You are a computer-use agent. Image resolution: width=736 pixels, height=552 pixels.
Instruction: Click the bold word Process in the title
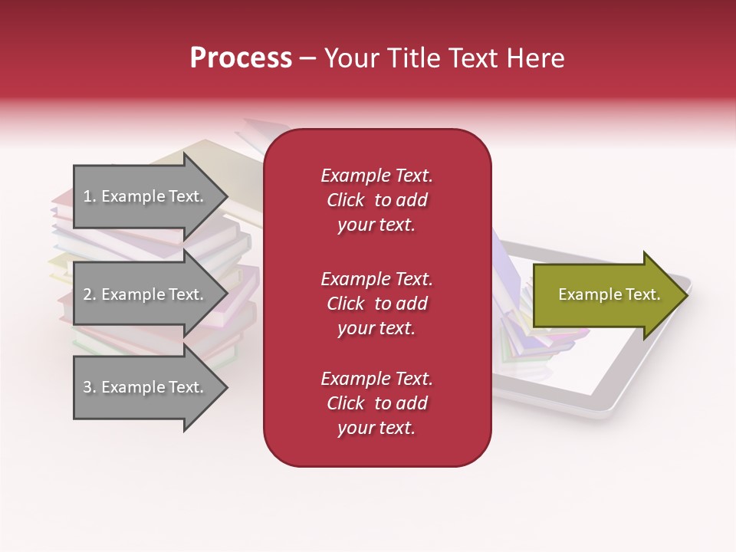(x=241, y=58)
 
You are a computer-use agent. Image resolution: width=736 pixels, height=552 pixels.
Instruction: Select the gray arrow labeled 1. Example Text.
(x=146, y=196)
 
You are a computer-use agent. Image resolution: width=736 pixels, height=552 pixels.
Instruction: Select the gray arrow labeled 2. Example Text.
(x=146, y=294)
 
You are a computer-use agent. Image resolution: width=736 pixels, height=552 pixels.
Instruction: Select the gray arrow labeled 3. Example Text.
(x=146, y=387)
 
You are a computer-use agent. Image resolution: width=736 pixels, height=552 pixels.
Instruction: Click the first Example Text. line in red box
(x=376, y=176)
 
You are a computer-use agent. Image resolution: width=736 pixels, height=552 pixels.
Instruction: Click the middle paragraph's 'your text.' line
(x=376, y=328)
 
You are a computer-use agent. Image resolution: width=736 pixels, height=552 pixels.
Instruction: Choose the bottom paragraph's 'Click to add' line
(x=376, y=403)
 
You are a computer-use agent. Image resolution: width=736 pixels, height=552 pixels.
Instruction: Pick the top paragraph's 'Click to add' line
(x=376, y=200)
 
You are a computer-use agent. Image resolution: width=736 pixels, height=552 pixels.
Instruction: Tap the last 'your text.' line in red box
(x=376, y=428)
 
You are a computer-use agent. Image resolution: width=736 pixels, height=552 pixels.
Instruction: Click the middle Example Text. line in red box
(x=376, y=278)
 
